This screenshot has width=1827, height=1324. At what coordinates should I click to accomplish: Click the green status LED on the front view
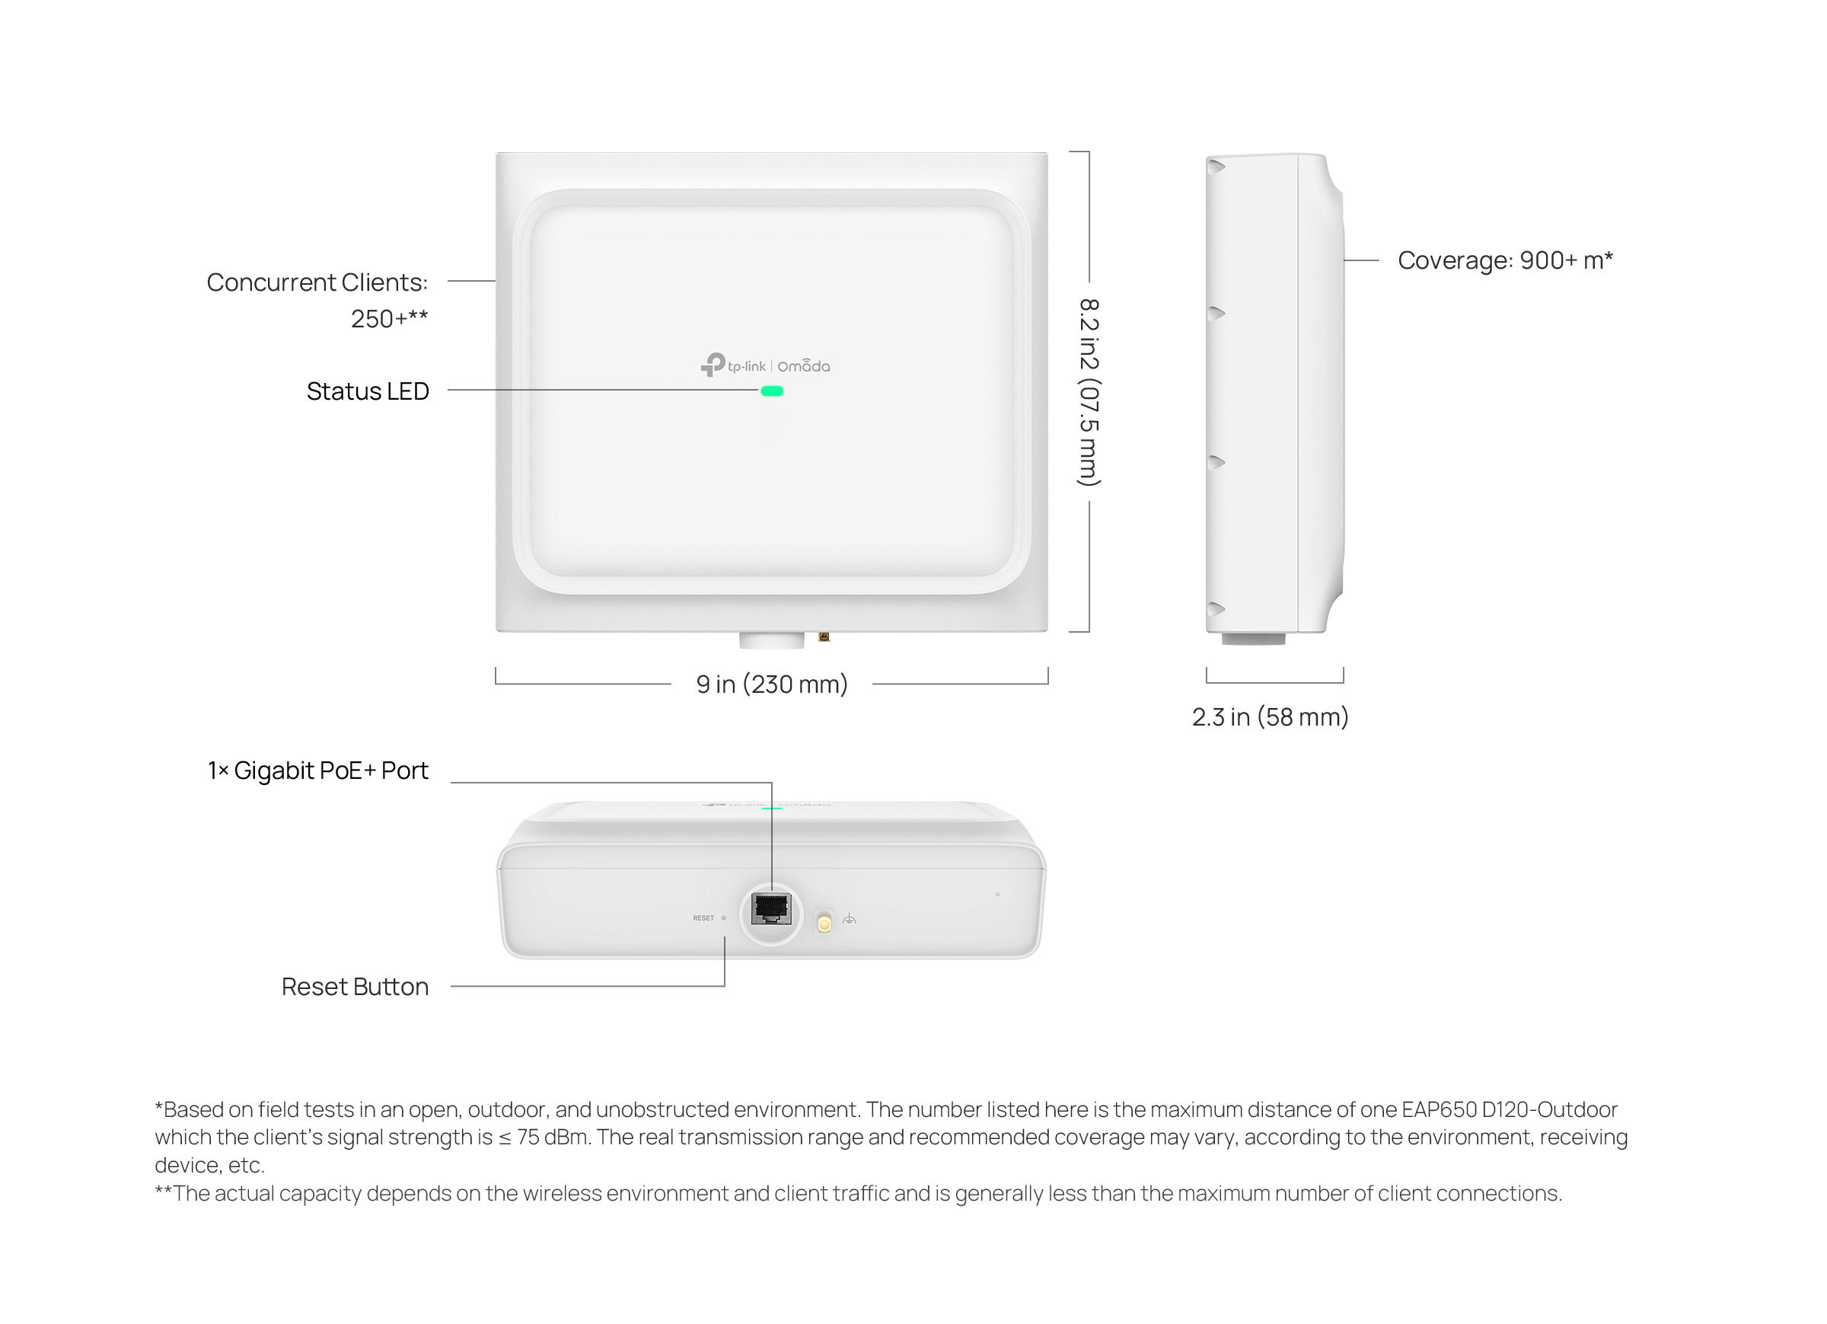772,391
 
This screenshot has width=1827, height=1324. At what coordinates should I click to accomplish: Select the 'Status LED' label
368,391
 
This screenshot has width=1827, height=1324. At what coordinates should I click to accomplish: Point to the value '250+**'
389,318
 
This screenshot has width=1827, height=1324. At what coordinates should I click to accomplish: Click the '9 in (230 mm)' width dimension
772,684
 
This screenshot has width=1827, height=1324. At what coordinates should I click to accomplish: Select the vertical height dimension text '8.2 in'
1089,333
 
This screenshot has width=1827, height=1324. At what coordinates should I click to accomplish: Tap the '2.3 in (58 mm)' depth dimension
1271,716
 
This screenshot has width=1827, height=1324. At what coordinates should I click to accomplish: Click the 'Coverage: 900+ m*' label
1505,260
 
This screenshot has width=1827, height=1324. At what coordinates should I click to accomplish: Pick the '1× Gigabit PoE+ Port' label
318,770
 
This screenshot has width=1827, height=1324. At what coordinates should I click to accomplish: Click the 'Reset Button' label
356,987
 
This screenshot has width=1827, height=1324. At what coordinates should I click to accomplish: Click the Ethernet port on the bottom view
771,909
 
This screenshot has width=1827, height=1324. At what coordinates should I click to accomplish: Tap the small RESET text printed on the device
703,918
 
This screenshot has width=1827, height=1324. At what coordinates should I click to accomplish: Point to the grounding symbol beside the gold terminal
849,919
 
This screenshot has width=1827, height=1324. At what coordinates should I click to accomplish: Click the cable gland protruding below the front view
771,640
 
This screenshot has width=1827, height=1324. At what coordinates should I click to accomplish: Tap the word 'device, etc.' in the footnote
209,1165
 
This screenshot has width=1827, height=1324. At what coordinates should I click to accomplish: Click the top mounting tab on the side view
1215,166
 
